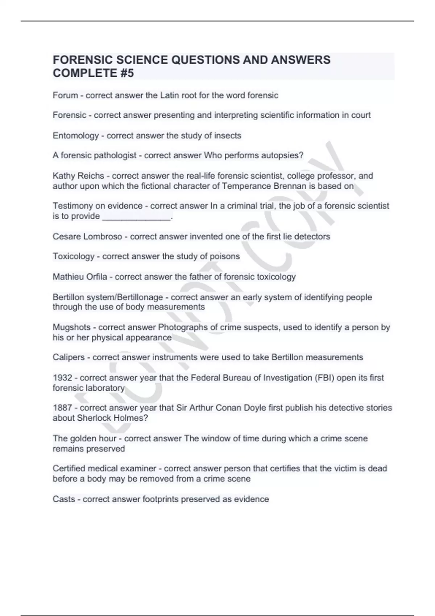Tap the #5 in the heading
tap(126, 73)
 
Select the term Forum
tap(65, 95)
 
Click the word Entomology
tap(76, 136)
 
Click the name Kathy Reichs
tap(78, 176)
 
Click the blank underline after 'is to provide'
tap(136, 217)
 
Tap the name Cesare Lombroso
tap(87, 237)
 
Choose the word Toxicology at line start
tap(73, 256)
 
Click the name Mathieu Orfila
tap(80, 277)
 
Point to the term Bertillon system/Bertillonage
tap(108, 297)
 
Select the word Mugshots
tap(71, 327)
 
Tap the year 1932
tap(62, 378)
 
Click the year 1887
tap(62, 408)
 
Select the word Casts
tap(64, 499)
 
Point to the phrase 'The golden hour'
tap(84, 438)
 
